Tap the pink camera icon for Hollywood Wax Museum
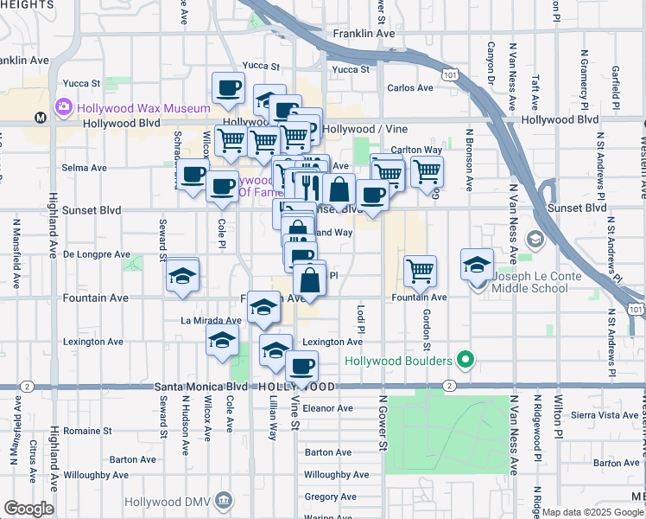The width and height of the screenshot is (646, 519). (62, 108)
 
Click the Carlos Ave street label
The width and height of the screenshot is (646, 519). (410, 87)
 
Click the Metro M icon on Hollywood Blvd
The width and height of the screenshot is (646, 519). (39, 118)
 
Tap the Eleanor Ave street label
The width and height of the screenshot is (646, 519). (328, 407)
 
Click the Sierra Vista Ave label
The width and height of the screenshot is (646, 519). (610, 415)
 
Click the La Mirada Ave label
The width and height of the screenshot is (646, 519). (211, 320)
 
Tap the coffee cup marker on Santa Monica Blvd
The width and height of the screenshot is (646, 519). (301, 367)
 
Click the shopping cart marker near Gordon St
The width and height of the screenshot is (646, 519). (420, 270)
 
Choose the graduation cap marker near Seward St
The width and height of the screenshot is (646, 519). (182, 277)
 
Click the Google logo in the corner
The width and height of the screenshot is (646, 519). (28, 509)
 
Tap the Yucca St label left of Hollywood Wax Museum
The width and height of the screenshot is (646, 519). (83, 84)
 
